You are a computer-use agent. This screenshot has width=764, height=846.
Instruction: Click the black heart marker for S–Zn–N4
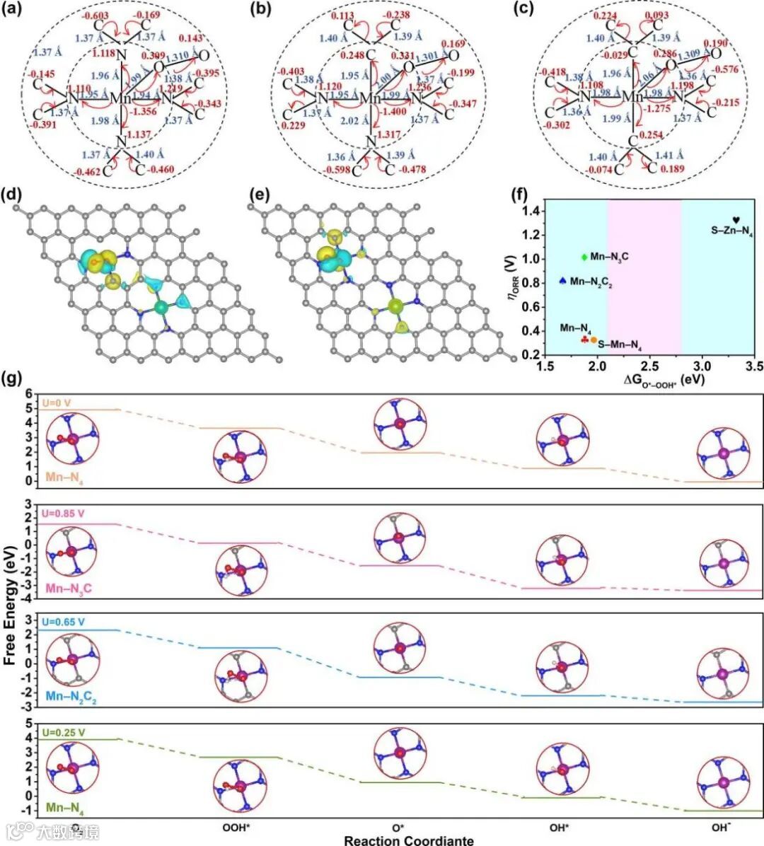click(736, 221)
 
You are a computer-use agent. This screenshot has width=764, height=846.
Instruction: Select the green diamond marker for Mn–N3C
click(584, 257)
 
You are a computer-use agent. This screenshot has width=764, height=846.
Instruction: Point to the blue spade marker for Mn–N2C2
click(562, 281)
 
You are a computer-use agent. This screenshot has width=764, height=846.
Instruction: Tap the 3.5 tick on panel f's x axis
click(754, 367)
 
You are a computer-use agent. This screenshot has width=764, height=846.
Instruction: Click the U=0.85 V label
click(64, 513)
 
